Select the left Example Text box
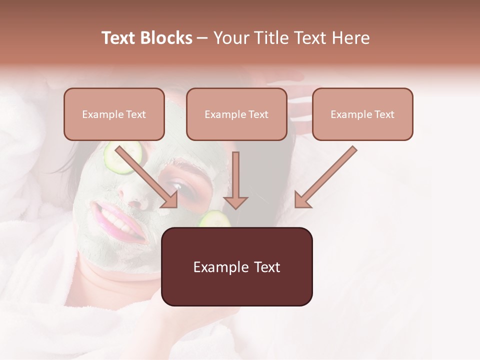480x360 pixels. pyautogui.click(x=114, y=114)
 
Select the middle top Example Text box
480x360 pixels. pyautogui.click(x=236, y=114)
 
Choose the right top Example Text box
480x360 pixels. pyautogui.click(x=362, y=114)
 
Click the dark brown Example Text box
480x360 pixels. pyautogui.click(x=236, y=266)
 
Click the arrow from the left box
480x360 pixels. pyautogui.click(x=147, y=177)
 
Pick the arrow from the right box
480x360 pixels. pyautogui.click(x=325, y=177)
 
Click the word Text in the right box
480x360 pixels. pyautogui.click(x=384, y=114)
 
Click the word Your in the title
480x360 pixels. pyautogui.click(x=231, y=38)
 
